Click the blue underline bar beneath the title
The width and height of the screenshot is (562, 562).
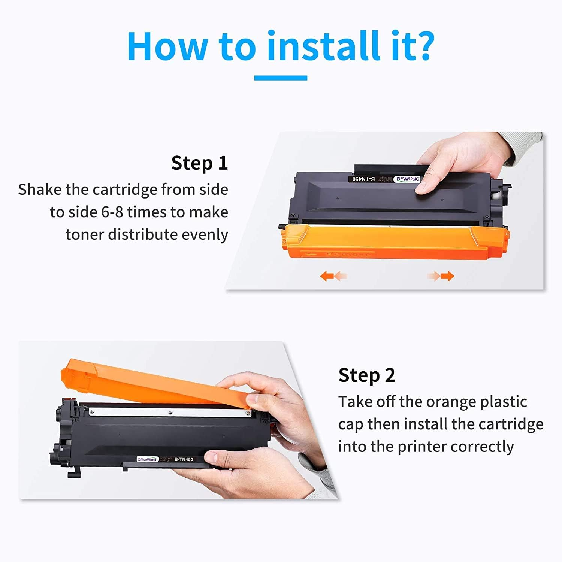[281, 78]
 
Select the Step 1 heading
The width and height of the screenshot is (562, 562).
[199, 163]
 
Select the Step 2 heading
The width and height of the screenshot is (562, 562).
[366, 375]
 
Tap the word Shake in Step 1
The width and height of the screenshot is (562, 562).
[40, 190]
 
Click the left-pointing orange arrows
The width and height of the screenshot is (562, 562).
[333, 277]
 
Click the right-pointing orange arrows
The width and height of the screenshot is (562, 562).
[441, 277]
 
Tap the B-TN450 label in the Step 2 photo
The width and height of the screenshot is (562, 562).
[184, 459]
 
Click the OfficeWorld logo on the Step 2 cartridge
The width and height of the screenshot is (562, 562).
[147, 459]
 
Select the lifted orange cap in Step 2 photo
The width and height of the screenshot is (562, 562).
[150, 382]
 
